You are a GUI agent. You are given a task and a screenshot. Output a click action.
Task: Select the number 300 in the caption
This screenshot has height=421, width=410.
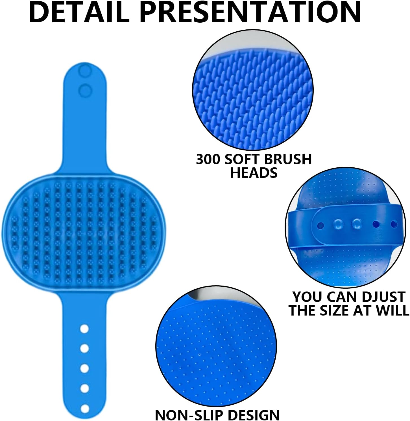click(208, 159)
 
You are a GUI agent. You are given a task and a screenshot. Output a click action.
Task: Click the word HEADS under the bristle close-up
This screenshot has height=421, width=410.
click(254, 173)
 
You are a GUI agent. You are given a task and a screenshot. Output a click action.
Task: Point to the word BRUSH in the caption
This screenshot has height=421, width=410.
click(287, 159)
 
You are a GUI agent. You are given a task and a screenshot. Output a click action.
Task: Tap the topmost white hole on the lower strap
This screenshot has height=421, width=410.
click(84, 329)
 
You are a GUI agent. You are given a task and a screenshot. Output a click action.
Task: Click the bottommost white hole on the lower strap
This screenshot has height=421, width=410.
click(84, 409)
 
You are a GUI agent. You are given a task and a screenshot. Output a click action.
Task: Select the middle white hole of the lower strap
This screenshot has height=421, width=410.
click(84, 368)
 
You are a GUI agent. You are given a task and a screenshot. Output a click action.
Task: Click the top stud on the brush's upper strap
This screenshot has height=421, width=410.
click(85, 71)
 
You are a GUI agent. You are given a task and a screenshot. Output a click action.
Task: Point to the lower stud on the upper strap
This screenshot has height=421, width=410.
click(85, 90)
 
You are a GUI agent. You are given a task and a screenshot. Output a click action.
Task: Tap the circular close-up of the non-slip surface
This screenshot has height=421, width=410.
click(216, 346)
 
